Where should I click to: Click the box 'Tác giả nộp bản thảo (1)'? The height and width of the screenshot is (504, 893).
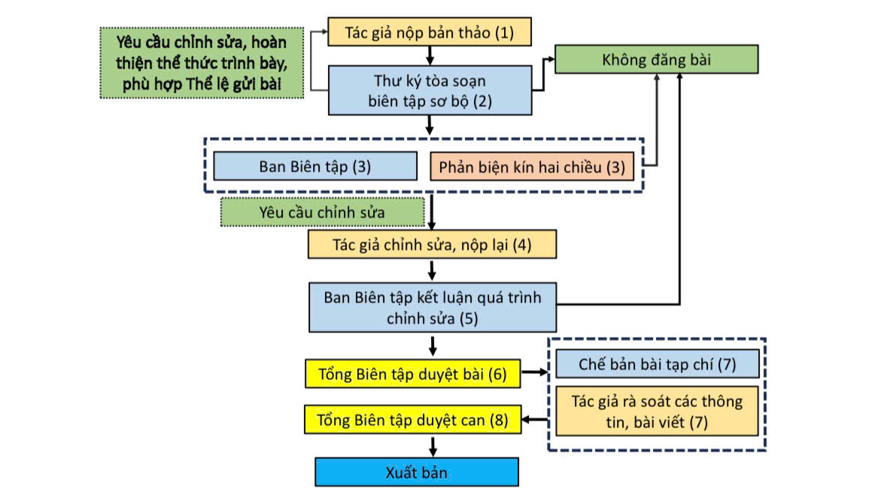coord(430,32)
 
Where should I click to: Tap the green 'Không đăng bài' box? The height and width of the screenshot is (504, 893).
coord(656,59)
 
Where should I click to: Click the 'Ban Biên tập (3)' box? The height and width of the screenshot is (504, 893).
coord(314,166)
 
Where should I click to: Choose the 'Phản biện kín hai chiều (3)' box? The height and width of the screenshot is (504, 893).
coord(532,166)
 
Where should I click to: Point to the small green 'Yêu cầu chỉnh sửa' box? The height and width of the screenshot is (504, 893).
coord(322,212)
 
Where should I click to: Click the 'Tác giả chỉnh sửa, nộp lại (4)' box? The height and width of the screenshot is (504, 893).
coord(432,244)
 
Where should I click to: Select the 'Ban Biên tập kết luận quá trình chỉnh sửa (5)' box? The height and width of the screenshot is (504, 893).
coord(432,307)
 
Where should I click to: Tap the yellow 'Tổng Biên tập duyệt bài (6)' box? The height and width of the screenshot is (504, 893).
coord(412,374)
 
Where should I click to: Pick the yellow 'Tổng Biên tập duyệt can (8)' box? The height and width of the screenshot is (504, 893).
coord(412,419)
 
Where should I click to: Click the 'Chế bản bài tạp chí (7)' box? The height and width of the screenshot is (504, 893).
coord(657,364)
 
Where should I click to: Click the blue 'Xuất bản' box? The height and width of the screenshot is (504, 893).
coord(416,473)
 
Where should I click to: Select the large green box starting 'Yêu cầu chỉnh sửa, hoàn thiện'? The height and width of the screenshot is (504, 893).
coord(202,62)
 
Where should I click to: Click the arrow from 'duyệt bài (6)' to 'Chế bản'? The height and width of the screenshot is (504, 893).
coord(537,372)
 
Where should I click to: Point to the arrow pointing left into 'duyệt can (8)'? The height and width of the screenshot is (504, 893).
coord(536,419)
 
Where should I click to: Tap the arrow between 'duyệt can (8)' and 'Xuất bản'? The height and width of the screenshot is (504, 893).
coord(433,445)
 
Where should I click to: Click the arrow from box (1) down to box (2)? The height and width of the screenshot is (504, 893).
coord(430,55)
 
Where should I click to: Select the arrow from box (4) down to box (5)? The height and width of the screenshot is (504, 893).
coord(433,270)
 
